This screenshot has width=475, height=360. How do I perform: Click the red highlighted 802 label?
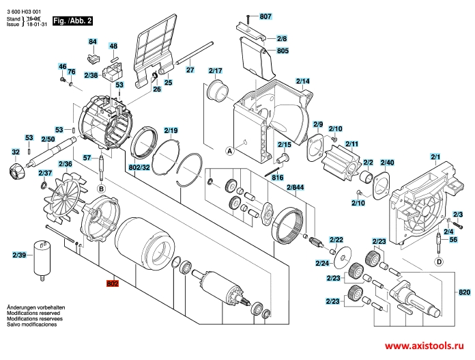point(113,283)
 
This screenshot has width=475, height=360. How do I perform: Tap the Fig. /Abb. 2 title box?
point(72,20)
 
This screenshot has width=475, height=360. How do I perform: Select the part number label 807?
point(265,16)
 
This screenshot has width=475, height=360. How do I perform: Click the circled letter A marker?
point(229,151)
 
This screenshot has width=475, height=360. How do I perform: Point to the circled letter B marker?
point(101,189)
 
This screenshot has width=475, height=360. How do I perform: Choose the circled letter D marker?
point(440,262)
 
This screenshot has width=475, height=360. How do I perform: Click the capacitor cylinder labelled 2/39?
point(42,260)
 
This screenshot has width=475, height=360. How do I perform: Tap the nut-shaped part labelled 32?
point(15,171)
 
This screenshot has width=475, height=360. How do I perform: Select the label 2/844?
point(295,187)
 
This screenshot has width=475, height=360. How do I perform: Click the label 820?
point(464,292)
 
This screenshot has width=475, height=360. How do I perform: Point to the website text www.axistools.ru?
point(424,346)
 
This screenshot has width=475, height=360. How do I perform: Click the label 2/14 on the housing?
point(302,81)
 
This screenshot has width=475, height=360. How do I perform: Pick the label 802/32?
point(139,167)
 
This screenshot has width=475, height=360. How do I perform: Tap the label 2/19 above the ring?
point(171,130)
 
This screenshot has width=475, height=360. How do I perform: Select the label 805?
point(283,51)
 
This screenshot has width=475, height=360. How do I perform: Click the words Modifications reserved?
point(33,313)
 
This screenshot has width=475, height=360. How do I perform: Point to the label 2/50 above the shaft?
point(48,139)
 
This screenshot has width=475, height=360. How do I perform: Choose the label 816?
point(278,178)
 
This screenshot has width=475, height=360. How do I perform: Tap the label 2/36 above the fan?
point(65,164)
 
